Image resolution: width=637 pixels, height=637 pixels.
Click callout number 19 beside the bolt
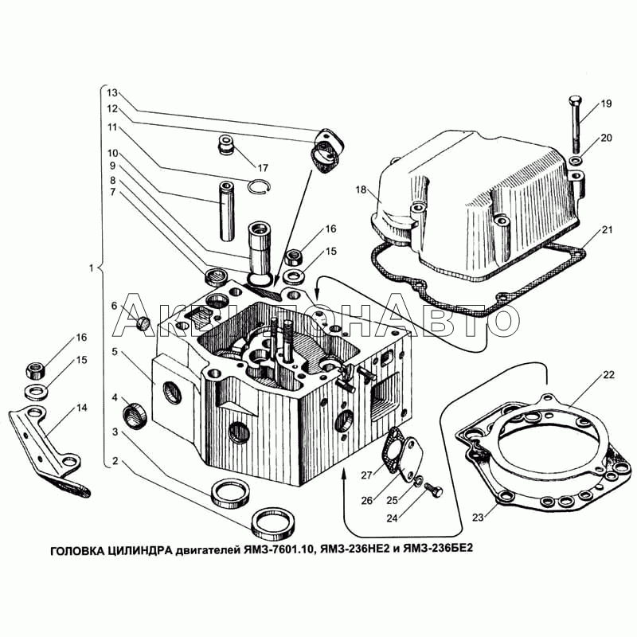click(606, 104)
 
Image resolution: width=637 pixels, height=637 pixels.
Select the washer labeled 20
click(577, 162)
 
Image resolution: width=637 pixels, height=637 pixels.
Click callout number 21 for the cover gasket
click(607, 231)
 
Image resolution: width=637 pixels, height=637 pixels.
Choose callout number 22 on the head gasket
click(608, 374)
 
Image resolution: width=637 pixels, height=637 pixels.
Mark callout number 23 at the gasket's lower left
click(477, 517)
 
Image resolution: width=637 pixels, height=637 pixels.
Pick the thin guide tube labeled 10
click(227, 212)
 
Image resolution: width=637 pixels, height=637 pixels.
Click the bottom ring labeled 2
click(273, 526)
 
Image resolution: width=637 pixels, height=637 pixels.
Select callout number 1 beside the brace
click(93, 268)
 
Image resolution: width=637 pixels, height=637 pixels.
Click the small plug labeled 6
click(145, 322)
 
